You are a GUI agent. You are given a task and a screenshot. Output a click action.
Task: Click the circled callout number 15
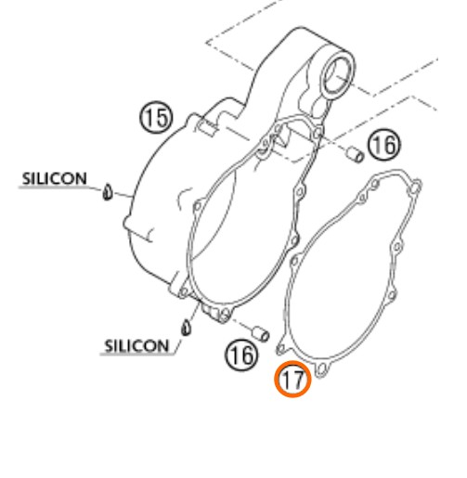coord(156,118)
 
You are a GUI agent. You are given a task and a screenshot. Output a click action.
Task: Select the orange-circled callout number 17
coord(292,379)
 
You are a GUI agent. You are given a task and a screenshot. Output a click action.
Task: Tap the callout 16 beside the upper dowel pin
coord(384,145)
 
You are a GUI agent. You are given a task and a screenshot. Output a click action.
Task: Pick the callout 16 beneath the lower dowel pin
coord(241,355)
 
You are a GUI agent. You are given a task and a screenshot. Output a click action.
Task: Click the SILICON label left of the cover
coord(55,179)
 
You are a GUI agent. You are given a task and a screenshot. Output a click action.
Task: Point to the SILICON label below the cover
coord(136,345)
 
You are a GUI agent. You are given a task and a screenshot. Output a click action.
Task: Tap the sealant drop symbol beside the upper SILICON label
coord(107,192)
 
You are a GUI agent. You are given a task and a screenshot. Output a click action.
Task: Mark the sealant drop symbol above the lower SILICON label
coord(186,328)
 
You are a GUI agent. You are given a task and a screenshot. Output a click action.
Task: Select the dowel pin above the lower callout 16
coord(261,334)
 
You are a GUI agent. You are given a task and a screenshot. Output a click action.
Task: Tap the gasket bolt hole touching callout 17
coord(322,369)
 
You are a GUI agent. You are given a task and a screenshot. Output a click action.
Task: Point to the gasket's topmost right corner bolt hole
coord(416,187)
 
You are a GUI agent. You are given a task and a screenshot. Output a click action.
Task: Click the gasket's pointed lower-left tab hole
coord(280,349)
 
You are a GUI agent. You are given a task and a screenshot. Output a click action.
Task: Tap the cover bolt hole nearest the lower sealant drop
coord(184,291)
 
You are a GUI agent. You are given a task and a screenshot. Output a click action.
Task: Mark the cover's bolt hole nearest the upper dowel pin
coord(318,134)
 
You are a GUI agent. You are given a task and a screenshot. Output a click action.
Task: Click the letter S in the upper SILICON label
coord(26,179)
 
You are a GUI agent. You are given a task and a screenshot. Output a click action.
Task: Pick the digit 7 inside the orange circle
coord(297,380)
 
